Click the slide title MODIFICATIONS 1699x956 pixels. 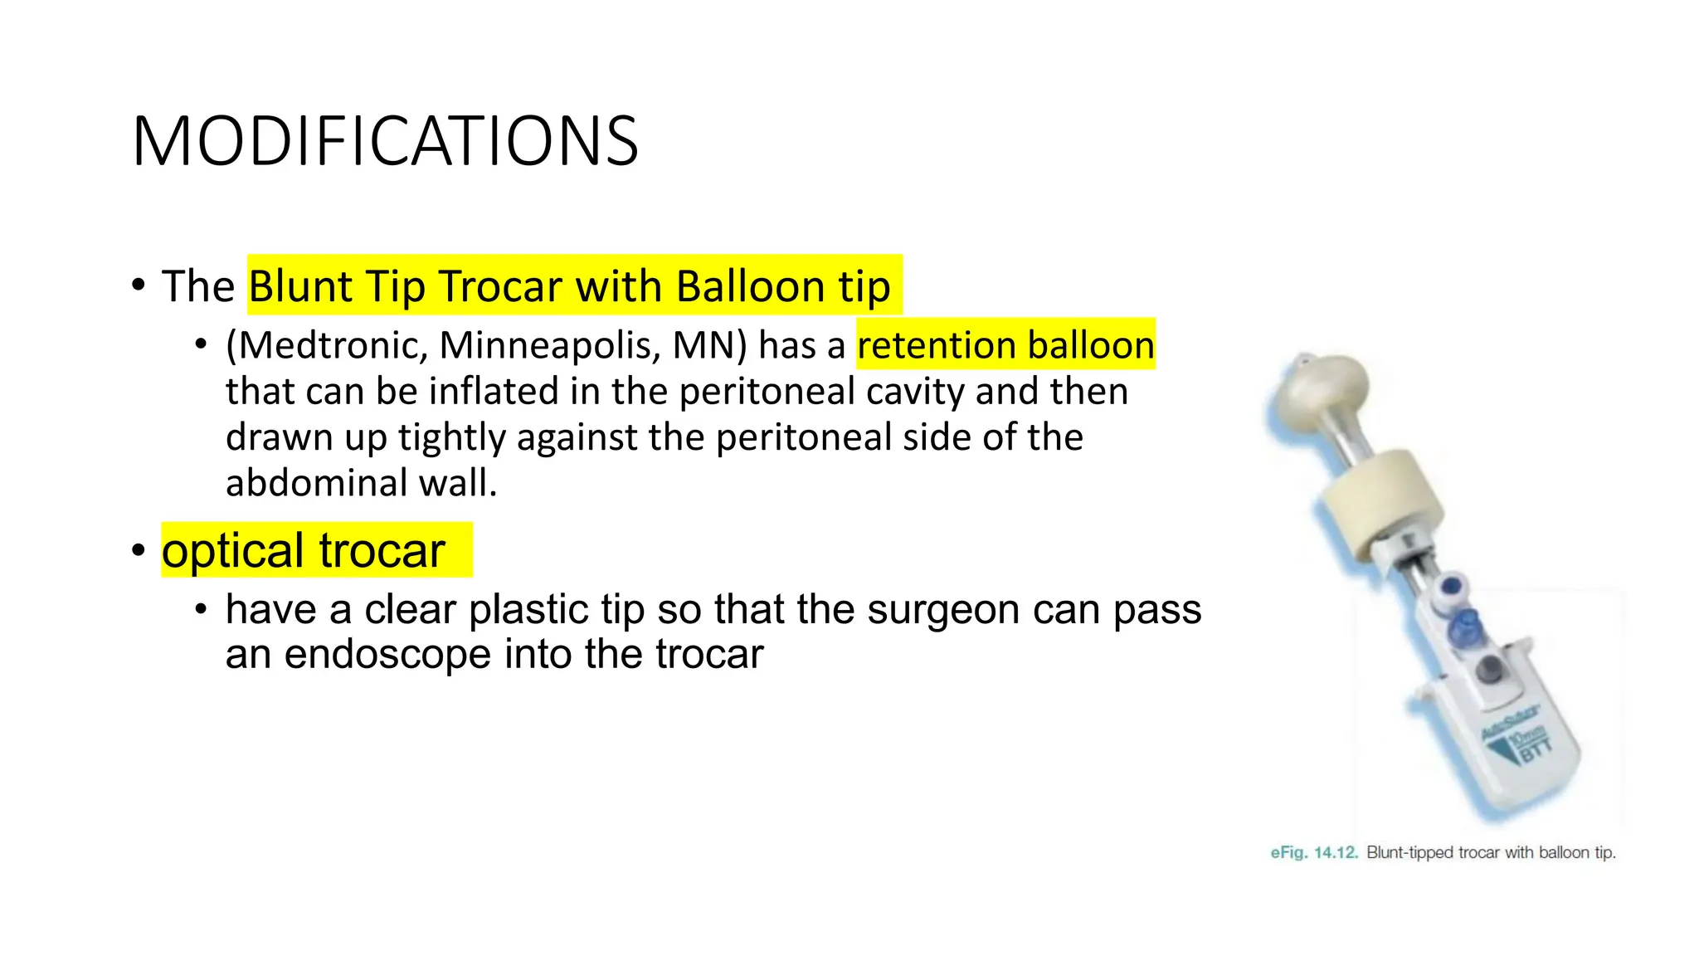[385, 141]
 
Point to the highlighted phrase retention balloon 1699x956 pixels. [1005, 345]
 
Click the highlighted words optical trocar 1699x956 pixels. [304, 551]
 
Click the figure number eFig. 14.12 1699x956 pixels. [1313, 852]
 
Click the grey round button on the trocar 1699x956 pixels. [1490, 669]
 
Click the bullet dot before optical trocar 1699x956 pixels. [139, 550]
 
